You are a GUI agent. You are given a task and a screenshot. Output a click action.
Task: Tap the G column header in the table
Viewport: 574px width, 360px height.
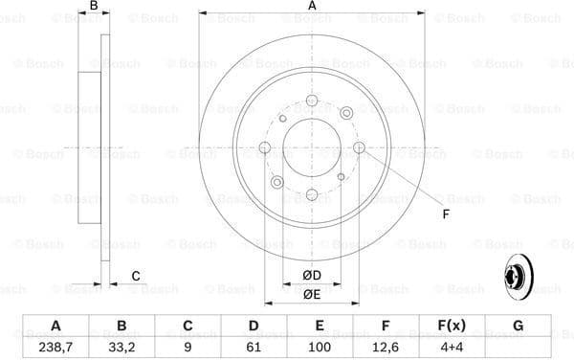coord(518,326)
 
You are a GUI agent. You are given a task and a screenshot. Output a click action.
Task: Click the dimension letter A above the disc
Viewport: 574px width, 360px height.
coord(312,8)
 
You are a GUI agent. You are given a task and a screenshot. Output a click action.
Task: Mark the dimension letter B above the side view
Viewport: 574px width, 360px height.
coord(94,8)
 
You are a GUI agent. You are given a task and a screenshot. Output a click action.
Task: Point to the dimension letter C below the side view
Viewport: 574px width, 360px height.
coord(136,277)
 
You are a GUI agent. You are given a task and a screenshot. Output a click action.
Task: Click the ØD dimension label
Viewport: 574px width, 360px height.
coord(312,277)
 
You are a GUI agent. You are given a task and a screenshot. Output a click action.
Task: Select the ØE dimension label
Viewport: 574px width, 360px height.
coord(312,296)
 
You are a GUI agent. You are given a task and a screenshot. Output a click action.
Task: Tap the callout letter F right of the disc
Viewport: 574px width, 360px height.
coord(445,213)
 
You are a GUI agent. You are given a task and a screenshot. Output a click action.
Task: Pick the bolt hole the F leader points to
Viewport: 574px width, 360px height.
coord(359,147)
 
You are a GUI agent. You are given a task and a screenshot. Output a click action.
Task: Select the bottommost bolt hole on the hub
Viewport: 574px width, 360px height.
coord(312,194)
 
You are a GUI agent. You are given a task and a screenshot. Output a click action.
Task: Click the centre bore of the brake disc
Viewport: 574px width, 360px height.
coord(312,147)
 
